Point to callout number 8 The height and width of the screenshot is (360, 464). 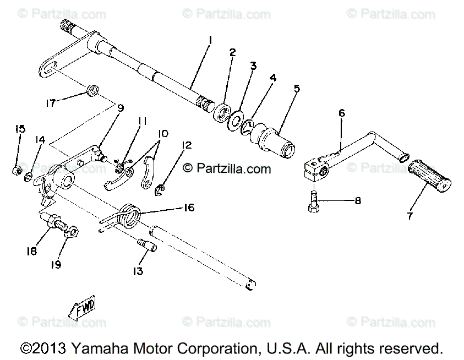pos(357,201)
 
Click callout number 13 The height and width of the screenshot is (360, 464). pos(137,270)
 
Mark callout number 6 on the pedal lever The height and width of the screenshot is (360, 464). pos(342,113)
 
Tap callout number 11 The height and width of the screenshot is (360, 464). pos(141,119)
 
